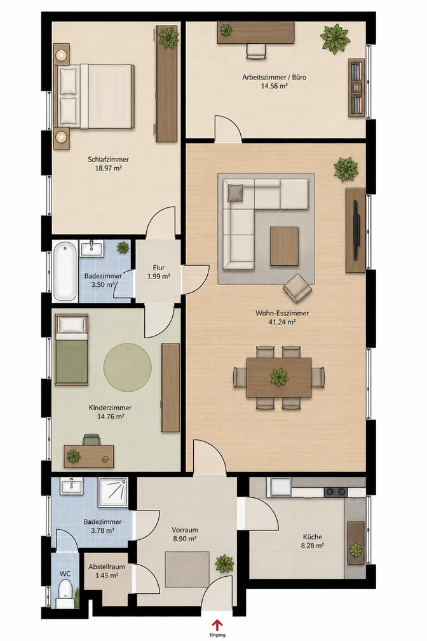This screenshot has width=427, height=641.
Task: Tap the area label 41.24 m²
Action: pos(282,322)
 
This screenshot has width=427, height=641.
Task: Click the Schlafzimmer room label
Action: pos(109,160)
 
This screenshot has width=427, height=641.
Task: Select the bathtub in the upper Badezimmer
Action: pos(65,271)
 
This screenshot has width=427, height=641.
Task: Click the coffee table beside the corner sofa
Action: pos(284,246)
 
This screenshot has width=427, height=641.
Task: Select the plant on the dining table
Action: pos(280,377)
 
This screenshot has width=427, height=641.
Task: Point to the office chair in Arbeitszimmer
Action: pos(256,50)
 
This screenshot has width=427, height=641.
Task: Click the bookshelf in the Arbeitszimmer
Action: pos(356,88)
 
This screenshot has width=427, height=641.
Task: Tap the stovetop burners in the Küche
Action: pos(335,492)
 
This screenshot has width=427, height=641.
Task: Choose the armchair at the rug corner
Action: pos(297,287)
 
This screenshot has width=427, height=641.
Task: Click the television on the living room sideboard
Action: pos(356,230)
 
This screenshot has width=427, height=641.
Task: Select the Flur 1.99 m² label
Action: pos(159,272)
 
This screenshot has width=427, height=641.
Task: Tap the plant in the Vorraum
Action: pos(224,563)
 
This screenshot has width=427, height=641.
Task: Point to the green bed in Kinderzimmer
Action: pos(72,350)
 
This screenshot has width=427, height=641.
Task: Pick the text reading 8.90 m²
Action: pos(185,539)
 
